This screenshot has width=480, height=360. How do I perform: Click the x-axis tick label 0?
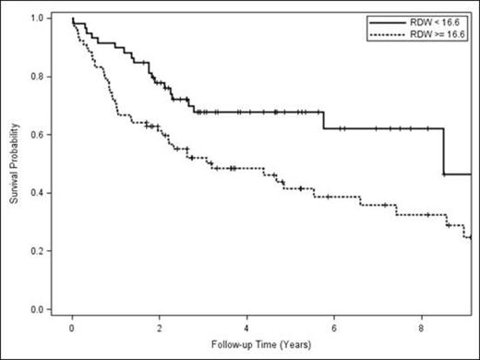click(x=73, y=327)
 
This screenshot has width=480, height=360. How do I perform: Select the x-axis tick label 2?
click(x=160, y=327)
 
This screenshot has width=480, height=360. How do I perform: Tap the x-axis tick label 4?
click(x=247, y=327)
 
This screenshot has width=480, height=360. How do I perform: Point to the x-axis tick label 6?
click(x=334, y=327)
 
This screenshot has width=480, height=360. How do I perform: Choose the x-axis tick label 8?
click(x=422, y=327)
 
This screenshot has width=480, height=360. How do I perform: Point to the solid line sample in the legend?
click(x=388, y=20)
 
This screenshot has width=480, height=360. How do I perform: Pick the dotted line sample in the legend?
click(x=388, y=31)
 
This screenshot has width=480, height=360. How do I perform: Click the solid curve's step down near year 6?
click(x=323, y=120)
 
